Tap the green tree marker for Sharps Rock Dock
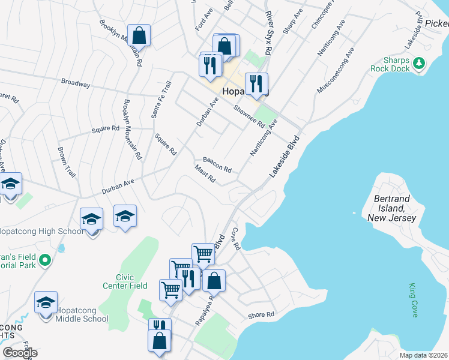coord(420,62)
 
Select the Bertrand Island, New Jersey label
coord(394,208)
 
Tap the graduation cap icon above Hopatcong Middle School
coord(46,303)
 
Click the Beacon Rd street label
coord(217,164)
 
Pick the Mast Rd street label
coord(205,176)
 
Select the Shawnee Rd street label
coord(249,116)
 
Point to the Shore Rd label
coord(261,314)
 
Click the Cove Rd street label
coord(236,238)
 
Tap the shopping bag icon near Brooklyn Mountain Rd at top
coord(139,35)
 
